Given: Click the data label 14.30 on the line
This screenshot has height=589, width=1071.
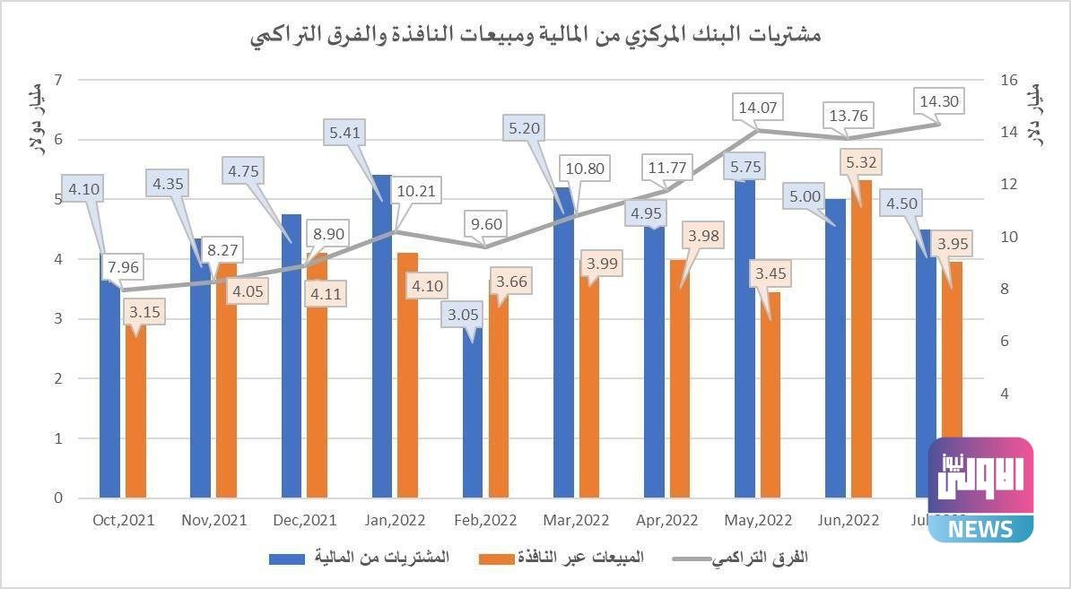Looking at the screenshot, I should (938, 101).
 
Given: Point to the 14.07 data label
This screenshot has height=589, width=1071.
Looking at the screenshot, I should (758, 108).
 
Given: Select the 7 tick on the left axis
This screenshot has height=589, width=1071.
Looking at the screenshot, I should (58, 80).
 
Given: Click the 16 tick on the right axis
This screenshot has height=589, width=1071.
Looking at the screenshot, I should (1009, 80).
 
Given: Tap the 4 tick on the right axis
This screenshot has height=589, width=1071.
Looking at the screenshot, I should (1005, 394).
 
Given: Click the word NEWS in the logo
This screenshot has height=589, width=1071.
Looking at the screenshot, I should (980, 528).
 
